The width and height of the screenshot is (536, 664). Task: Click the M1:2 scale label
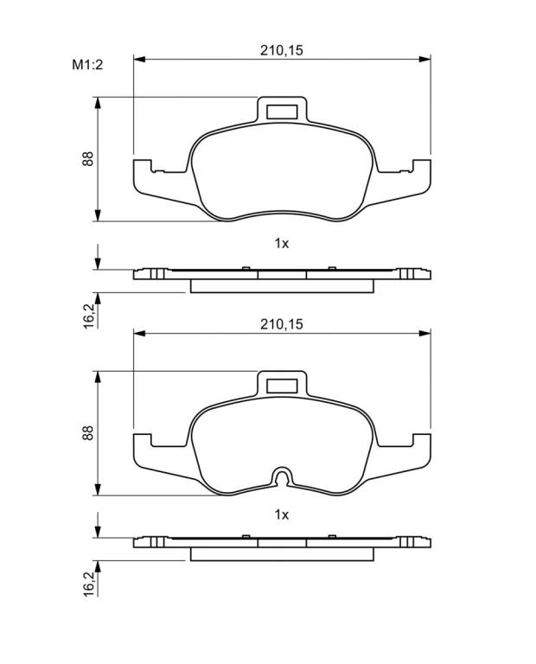pos(87,65)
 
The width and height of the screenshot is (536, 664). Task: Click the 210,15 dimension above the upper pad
pos(282,50)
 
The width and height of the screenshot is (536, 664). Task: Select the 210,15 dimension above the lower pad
pos(282,324)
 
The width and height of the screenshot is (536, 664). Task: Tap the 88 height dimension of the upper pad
pos(87,158)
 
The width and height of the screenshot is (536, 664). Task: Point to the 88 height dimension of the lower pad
pos(87,432)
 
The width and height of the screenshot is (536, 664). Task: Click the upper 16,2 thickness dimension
pos(89,316)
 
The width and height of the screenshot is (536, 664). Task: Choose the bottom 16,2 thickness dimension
pos(89,584)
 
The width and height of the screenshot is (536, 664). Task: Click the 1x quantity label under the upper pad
pos(282,244)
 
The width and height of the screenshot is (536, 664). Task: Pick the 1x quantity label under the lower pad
pos(282,514)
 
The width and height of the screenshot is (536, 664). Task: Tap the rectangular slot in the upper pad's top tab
pos(282,112)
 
